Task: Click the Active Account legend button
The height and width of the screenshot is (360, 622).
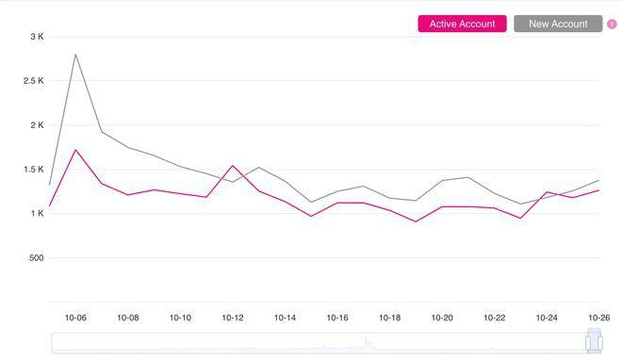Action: point(462,24)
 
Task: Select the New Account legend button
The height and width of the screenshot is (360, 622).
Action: point(558,24)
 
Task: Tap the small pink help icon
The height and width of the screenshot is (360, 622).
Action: point(612,25)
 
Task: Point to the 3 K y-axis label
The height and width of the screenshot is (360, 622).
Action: point(38,37)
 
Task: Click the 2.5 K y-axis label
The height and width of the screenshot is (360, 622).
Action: point(34,81)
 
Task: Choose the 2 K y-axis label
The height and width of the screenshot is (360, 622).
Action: point(38,125)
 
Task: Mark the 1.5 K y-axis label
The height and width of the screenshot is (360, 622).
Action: point(34,170)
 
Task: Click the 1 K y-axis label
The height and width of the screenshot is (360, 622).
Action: point(38,214)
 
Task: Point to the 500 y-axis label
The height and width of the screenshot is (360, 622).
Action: point(35,258)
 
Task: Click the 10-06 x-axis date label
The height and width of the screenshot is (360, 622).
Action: point(75,319)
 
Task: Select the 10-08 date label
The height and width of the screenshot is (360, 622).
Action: point(128,319)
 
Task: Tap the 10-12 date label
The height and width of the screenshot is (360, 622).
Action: point(233,319)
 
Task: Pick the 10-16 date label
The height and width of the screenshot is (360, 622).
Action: point(337,319)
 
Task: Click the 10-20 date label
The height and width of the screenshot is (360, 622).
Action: point(442,319)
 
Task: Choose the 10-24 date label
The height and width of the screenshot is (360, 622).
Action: point(547,319)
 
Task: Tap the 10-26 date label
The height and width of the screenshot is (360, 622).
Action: point(599,319)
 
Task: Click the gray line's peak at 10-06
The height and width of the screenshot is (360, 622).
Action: point(75,54)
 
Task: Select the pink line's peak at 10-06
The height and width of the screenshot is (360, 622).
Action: point(75,150)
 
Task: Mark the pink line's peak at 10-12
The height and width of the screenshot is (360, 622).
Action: point(233,166)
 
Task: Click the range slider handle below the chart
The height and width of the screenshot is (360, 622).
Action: point(594,342)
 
